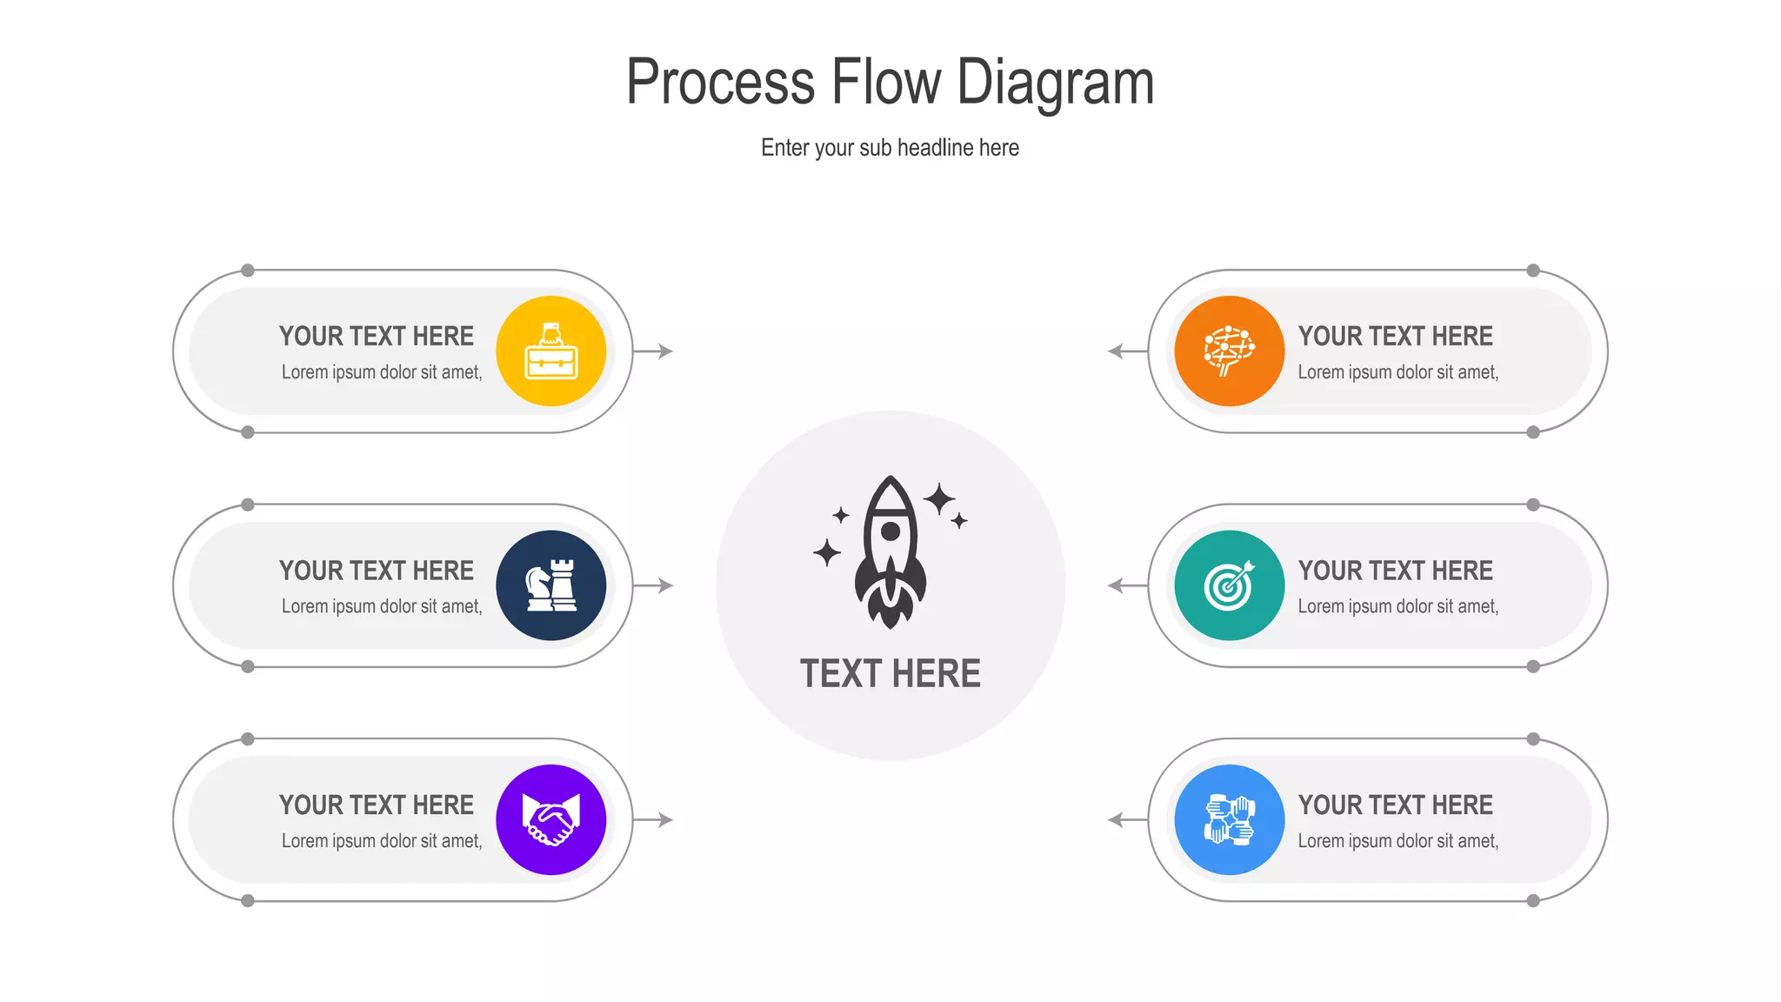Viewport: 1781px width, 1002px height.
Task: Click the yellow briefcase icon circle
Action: tap(550, 351)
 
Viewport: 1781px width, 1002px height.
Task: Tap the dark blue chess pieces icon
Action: tap(550, 585)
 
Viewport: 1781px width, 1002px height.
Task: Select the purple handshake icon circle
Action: tap(550, 819)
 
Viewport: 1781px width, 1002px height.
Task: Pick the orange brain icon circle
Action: tap(1229, 351)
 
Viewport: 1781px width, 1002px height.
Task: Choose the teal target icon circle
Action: tap(1229, 585)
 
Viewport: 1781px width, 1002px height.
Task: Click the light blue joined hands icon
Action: tap(1229, 819)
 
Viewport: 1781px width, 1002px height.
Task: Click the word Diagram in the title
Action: tap(1055, 83)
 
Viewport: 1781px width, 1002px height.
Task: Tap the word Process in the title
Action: tap(720, 83)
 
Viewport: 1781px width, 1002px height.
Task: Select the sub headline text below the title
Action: tap(890, 148)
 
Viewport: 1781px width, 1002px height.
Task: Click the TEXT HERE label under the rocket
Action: tap(890, 674)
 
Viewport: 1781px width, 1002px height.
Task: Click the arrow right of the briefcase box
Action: tap(654, 351)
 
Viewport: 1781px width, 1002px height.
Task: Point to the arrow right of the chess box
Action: tap(654, 585)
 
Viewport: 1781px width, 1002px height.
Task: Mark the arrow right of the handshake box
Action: tap(654, 819)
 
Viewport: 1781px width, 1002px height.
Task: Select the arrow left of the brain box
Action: tap(1127, 351)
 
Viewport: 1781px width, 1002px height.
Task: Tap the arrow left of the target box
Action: tap(1127, 585)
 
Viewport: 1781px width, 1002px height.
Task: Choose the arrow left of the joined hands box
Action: tap(1127, 819)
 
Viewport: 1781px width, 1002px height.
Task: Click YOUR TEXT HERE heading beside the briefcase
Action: tap(377, 337)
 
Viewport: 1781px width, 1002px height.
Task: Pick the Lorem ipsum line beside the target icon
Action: tap(1397, 606)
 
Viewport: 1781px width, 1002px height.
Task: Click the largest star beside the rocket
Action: tap(939, 499)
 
